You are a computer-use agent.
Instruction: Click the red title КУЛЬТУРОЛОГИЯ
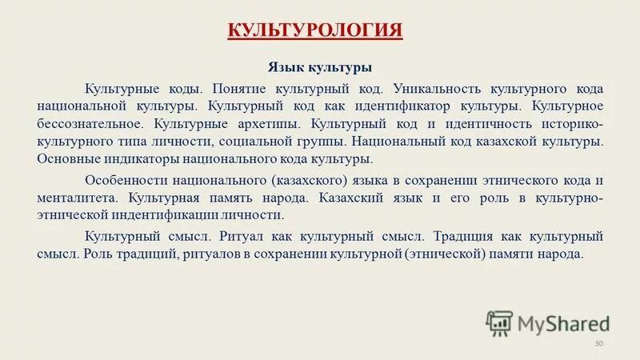[315, 31]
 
